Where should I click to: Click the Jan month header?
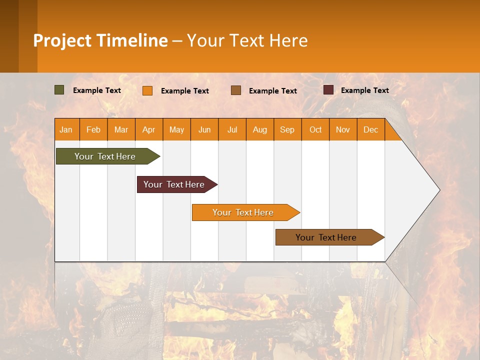(x=66, y=129)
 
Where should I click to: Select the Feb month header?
(x=93, y=129)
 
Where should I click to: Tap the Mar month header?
(x=121, y=129)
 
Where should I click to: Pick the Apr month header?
(x=148, y=129)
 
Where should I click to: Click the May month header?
(x=176, y=129)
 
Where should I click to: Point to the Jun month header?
(x=204, y=129)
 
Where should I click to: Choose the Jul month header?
(x=232, y=129)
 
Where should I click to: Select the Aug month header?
(x=259, y=129)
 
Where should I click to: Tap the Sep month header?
(x=287, y=129)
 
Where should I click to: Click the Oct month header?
(x=315, y=129)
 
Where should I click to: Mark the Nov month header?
(x=343, y=129)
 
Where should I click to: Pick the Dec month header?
(x=370, y=129)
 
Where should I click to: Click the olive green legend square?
(x=59, y=90)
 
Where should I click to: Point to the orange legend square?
(x=147, y=90)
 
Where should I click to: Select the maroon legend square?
(x=328, y=90)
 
